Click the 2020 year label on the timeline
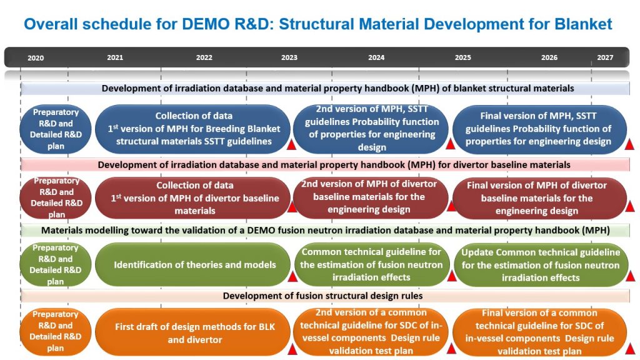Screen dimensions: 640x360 coord(36,58)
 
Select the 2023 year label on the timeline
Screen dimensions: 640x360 coord(289,57)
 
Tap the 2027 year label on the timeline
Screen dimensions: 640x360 coord(605,57)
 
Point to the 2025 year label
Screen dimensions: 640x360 coord(463,57)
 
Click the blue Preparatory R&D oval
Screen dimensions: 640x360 coord(56,129)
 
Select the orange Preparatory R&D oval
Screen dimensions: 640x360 coord(56,331)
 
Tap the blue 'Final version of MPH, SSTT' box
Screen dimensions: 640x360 coord(539,129)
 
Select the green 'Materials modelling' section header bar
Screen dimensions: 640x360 coord(325,230)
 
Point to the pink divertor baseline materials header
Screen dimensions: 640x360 coord(325,165)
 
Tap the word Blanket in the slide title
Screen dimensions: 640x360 coord(583,24)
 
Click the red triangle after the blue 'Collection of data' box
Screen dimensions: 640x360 coord(291,144)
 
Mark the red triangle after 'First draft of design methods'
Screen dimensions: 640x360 coord(292,349)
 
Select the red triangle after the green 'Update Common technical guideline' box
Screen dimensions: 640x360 coord(630,276)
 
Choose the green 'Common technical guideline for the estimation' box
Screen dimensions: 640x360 coord(371,264)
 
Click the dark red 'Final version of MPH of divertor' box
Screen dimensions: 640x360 coord(539,198)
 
